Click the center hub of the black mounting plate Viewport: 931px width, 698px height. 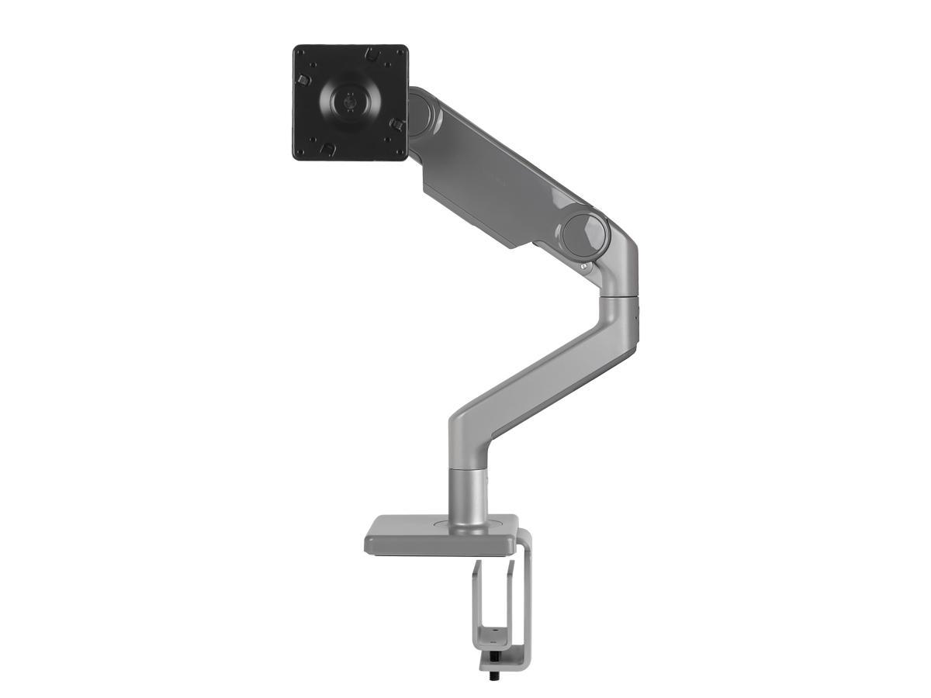tap(351, 101)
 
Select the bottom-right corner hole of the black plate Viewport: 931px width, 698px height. tap(396, 147)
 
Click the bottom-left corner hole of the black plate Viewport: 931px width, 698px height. tap(304, 147)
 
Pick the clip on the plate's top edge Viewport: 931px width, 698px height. tap(371, 56)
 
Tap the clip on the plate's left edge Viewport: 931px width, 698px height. tap(304, 80)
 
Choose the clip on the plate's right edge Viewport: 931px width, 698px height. tap(396, 123)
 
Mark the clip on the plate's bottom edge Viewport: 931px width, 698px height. tap(329, 147)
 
